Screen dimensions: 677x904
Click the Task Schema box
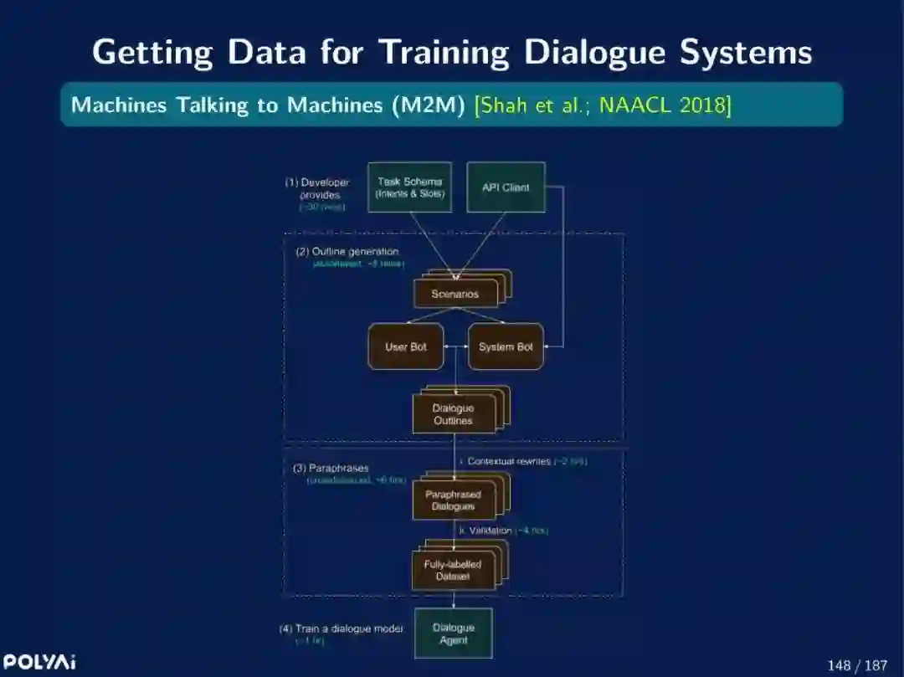410,187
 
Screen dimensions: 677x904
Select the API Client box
506,187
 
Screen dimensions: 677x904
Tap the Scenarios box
455,294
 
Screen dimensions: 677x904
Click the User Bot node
406,346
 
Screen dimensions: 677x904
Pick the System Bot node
506,346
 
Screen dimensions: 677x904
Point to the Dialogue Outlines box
453,414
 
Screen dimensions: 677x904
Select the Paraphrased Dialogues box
453,500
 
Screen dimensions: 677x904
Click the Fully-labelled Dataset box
453,571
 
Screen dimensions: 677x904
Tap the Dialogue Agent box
454,633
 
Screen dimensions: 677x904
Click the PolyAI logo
39,662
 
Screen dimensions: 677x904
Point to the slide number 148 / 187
856,665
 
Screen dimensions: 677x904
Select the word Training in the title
444,52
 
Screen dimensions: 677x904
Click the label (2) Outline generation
347,251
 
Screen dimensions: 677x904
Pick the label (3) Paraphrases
331,468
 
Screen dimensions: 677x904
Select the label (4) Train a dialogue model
342,628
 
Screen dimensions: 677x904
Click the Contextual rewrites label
509,461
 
